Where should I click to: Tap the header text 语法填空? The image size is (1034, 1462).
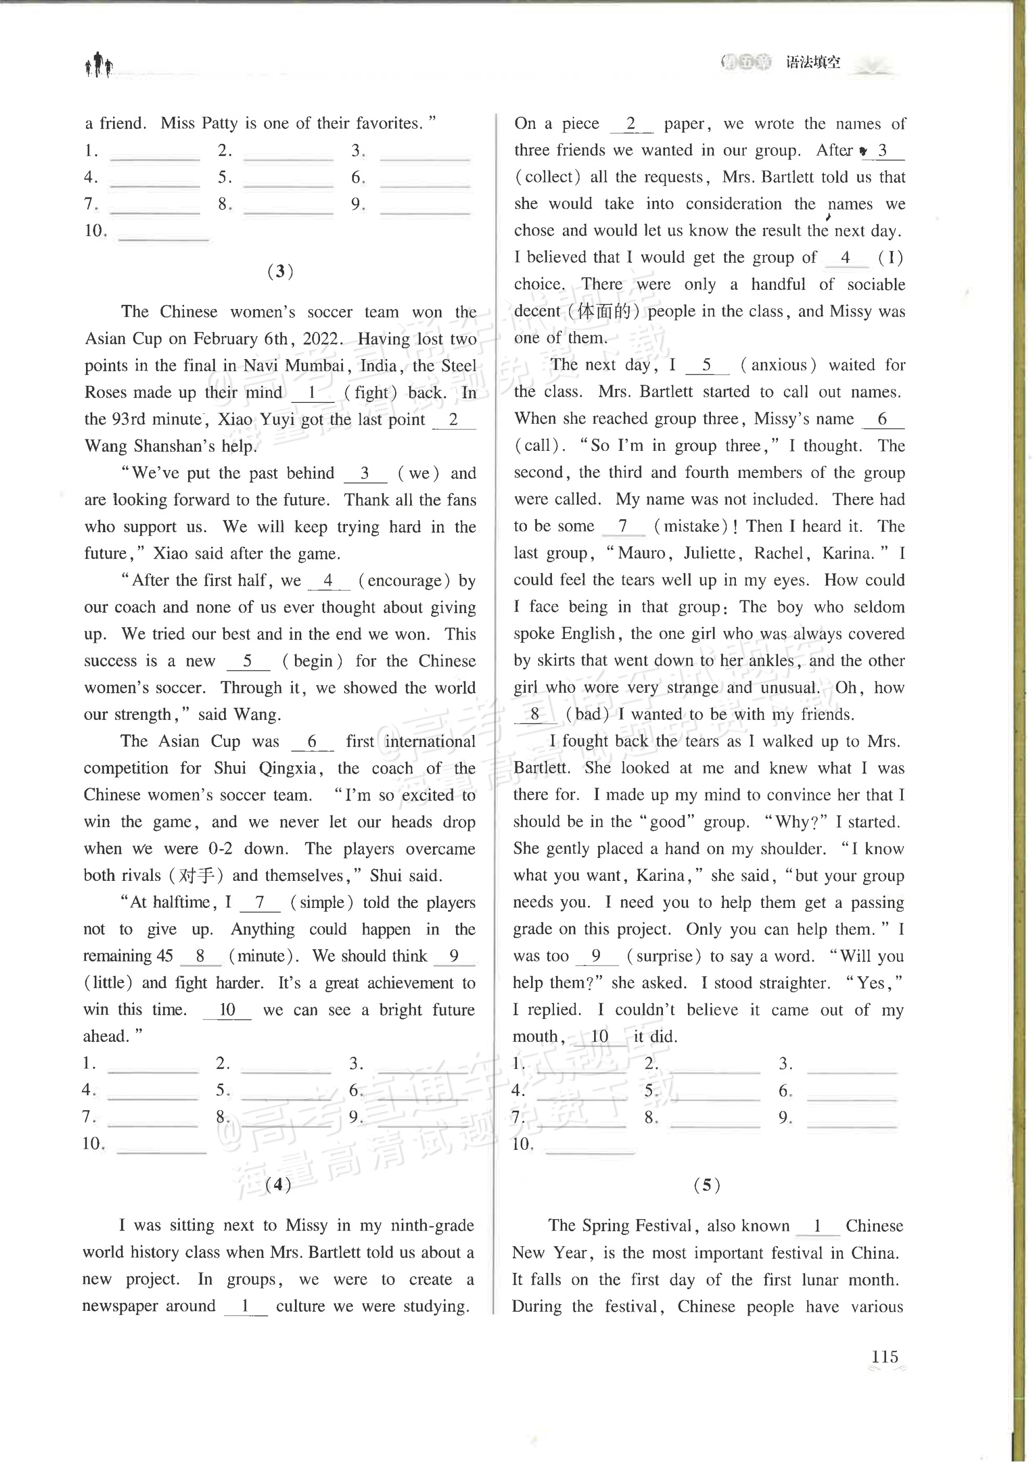[x=813, y=63]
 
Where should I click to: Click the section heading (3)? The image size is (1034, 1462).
[x=280, y=272]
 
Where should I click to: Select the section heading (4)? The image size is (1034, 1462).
[x=278, y=1184]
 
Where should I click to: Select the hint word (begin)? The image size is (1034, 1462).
[x=313, y=661]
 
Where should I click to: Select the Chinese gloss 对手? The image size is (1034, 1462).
[x=196, y=876]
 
